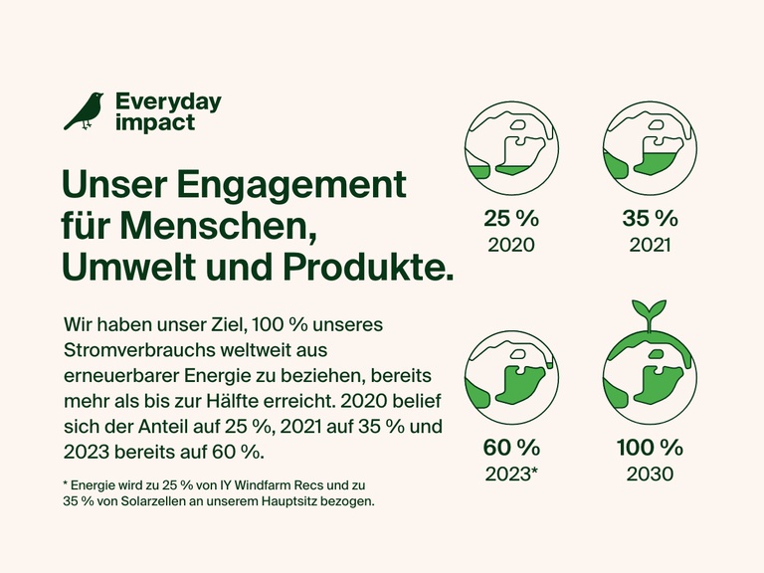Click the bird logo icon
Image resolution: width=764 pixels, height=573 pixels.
click(x=84, y=111)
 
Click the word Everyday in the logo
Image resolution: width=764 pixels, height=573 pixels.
click(x=168, y=101)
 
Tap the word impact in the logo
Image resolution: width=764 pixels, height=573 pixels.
click(x=155, y=122)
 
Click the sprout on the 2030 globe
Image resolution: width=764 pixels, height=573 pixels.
click(x=651, y=311)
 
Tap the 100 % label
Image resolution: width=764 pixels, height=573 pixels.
click(x=651, y=448)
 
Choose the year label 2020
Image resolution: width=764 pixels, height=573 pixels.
click(x=511, y=245)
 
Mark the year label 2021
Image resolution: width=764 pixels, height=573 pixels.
click(x=651, y=245)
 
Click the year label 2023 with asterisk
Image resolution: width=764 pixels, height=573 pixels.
click(x=511, y=474)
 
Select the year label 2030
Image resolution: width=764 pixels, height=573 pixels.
click(x=651, y=474)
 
